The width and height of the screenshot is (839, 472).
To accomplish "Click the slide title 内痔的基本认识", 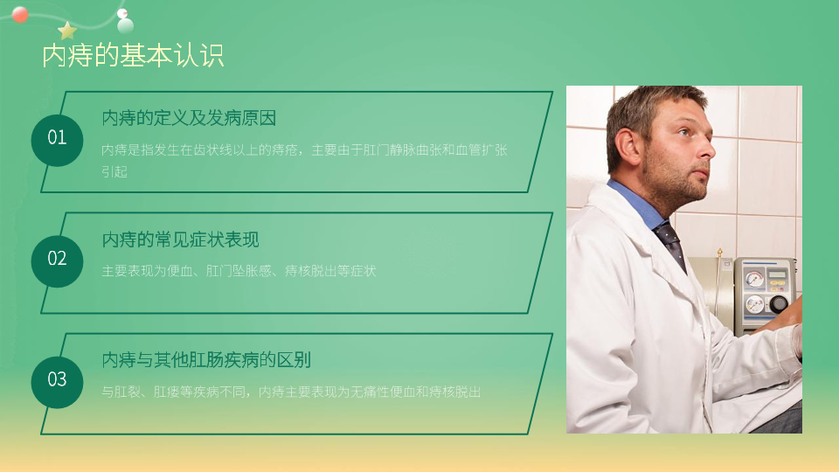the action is [133, 56].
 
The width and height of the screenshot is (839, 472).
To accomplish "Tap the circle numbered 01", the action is [58, 140].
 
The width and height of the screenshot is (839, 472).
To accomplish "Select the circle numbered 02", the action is [58, 261].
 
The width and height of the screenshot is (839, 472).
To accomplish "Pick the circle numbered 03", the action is [58, 382].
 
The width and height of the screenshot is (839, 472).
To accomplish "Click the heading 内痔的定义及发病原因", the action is [189, 118].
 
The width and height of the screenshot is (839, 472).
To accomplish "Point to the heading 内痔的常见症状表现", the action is [180, 239].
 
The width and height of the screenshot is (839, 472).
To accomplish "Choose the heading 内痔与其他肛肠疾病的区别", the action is [206, 359].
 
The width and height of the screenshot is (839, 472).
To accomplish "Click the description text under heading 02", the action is [239, 271].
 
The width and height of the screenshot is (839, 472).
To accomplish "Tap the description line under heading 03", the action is [291, 392].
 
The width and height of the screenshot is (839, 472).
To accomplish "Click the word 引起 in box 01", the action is [114, 172].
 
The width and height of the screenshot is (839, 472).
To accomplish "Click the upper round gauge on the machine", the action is [754, 279].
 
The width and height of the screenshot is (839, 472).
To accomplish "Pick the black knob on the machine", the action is [778, 304].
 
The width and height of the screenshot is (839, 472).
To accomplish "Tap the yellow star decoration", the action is [67, 31].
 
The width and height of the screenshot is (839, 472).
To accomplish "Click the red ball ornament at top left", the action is [20, 15].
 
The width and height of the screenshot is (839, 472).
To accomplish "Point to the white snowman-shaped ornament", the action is [125, 21].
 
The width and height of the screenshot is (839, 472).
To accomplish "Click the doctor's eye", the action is [685, 131].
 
